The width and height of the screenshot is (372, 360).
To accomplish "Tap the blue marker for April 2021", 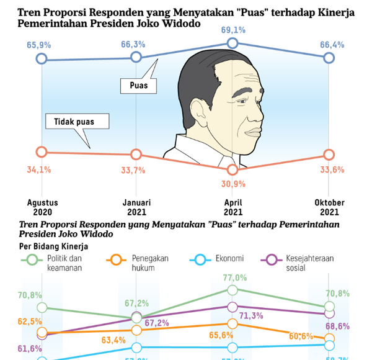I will (x=232, y=43).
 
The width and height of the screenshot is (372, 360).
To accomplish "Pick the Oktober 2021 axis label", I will (x=329, y=207).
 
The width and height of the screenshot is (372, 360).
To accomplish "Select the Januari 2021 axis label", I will (x=136, y=207).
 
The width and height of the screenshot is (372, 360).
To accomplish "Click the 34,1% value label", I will (x=39, y=169).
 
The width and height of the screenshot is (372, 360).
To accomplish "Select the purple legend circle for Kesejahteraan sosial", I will (x=272, y=260).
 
